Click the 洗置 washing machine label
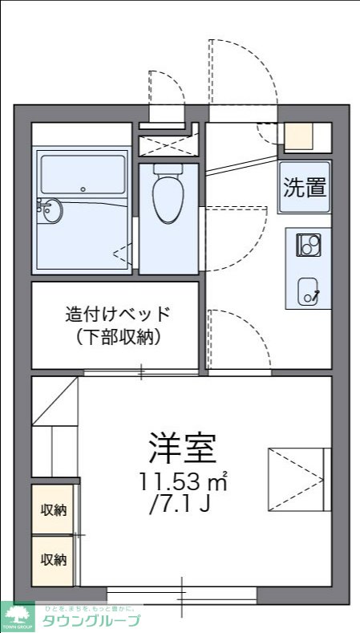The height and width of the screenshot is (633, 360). [305, 188]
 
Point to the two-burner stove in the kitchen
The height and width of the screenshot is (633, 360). [309, 244]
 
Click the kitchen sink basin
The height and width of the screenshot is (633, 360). [309, 290]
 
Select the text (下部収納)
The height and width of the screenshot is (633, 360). [119, 336]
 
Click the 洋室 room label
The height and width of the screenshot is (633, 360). [182, 448]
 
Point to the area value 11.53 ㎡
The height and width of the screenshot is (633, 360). [183, 483]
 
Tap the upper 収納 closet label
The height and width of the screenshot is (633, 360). [54, 510]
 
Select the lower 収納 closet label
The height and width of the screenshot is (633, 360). [54, 559]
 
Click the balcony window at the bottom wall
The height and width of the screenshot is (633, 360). [182, 594]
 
